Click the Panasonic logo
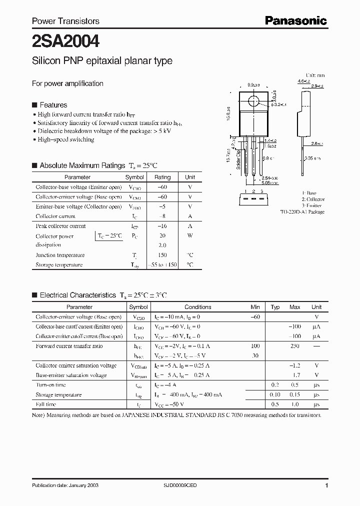pyautogui.click(x=295, y=20)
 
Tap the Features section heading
pyautogui.click(x=53, y=105)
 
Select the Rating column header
pyautogui.click(x=162, y=177)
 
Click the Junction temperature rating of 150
pyautogui.click(x=162, y=255)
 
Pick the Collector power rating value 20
pyautogui.click(x=162, y=235)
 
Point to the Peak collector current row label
pyautogui.click(x=60, y=226)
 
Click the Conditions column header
pyautogui.click(x=198, y=307)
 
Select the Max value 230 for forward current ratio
pyautogui.click(x=294, y=346)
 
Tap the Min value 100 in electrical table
pyautogui.click(x=255, y=346)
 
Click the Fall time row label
pyautogui.click(x=46, y=404)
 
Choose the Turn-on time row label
pyautogui.click(x=51, y=385)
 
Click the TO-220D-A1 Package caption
pyautogui.click(x=302, y=212)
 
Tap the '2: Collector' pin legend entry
pyautogui.click(x=312, y=199)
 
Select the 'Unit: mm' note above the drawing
pyautogui.click(x=315, y=75)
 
